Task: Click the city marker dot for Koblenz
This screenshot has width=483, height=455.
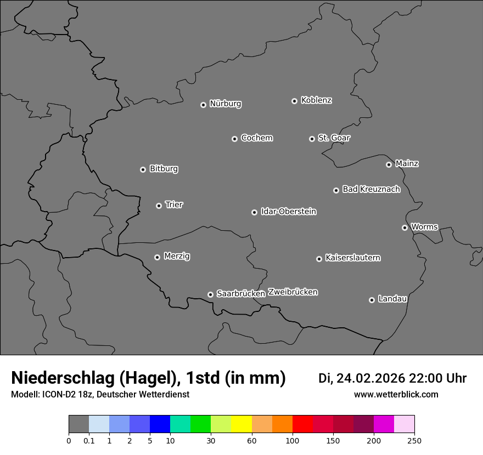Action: point(294,101)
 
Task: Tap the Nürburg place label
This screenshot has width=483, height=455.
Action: point(225,104)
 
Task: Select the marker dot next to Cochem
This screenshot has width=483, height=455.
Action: point(234,139)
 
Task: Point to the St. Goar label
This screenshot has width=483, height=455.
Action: point(334,138)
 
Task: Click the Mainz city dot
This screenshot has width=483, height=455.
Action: point(389,164)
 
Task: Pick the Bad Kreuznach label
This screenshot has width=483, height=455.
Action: point(371,189)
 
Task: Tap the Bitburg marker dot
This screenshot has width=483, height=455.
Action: point(143,169)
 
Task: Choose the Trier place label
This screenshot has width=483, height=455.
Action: point(174,204)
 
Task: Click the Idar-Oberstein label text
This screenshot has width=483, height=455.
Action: point(288,211)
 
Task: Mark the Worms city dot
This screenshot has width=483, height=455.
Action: point(405,228)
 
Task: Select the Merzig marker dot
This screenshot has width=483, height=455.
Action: point(157,257)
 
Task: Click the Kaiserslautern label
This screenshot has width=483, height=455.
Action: point(352,258)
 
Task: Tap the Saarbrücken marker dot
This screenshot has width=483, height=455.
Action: point(210,294)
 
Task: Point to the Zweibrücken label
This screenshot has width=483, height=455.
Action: point(293,292)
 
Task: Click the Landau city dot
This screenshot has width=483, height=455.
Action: point(372,300)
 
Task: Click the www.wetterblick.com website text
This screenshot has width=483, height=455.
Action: point(396,395)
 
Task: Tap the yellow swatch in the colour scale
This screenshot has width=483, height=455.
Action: point(241,424)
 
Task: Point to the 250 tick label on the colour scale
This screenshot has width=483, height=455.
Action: point(414,440)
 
